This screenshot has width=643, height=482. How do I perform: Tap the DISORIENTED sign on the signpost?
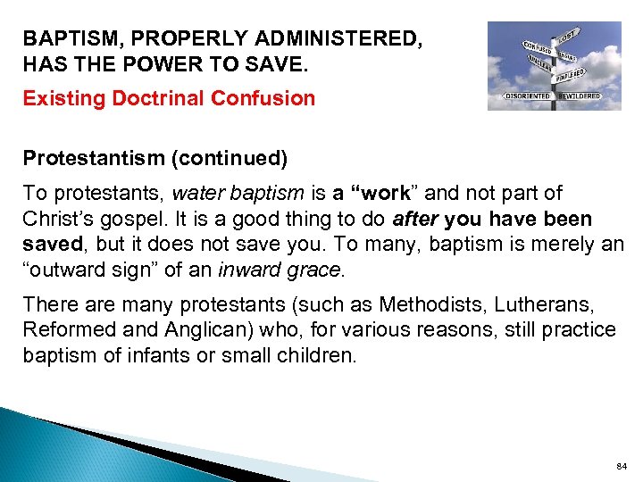[x=527, y=96]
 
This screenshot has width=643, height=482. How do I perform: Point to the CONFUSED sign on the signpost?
[x=536, y=46]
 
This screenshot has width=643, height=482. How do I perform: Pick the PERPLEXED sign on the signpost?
[x=572, y=74]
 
